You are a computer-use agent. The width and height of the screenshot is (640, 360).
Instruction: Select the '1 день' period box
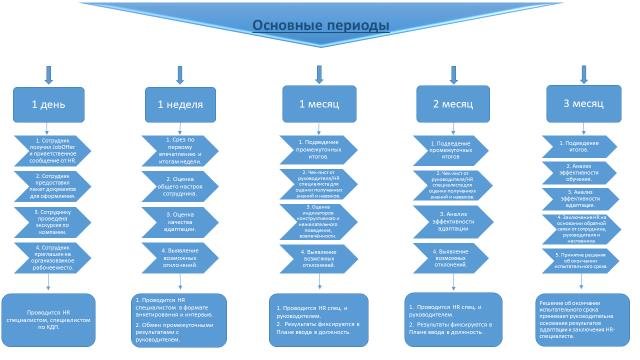[x=48, y=104]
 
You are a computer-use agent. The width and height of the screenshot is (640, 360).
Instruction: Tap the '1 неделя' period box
[x=181, y=104]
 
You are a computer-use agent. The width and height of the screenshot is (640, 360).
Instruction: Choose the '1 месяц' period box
[x=318, y=103]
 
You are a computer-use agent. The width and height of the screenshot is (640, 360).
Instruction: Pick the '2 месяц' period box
[x=450, y=103]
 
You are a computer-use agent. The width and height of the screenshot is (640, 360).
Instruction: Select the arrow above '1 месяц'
[x=318, y=74]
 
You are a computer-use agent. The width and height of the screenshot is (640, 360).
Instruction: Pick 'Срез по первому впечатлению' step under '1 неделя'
[x=181, y=150]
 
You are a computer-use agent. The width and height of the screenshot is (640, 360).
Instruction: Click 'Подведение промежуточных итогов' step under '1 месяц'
[x=318, y=150]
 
